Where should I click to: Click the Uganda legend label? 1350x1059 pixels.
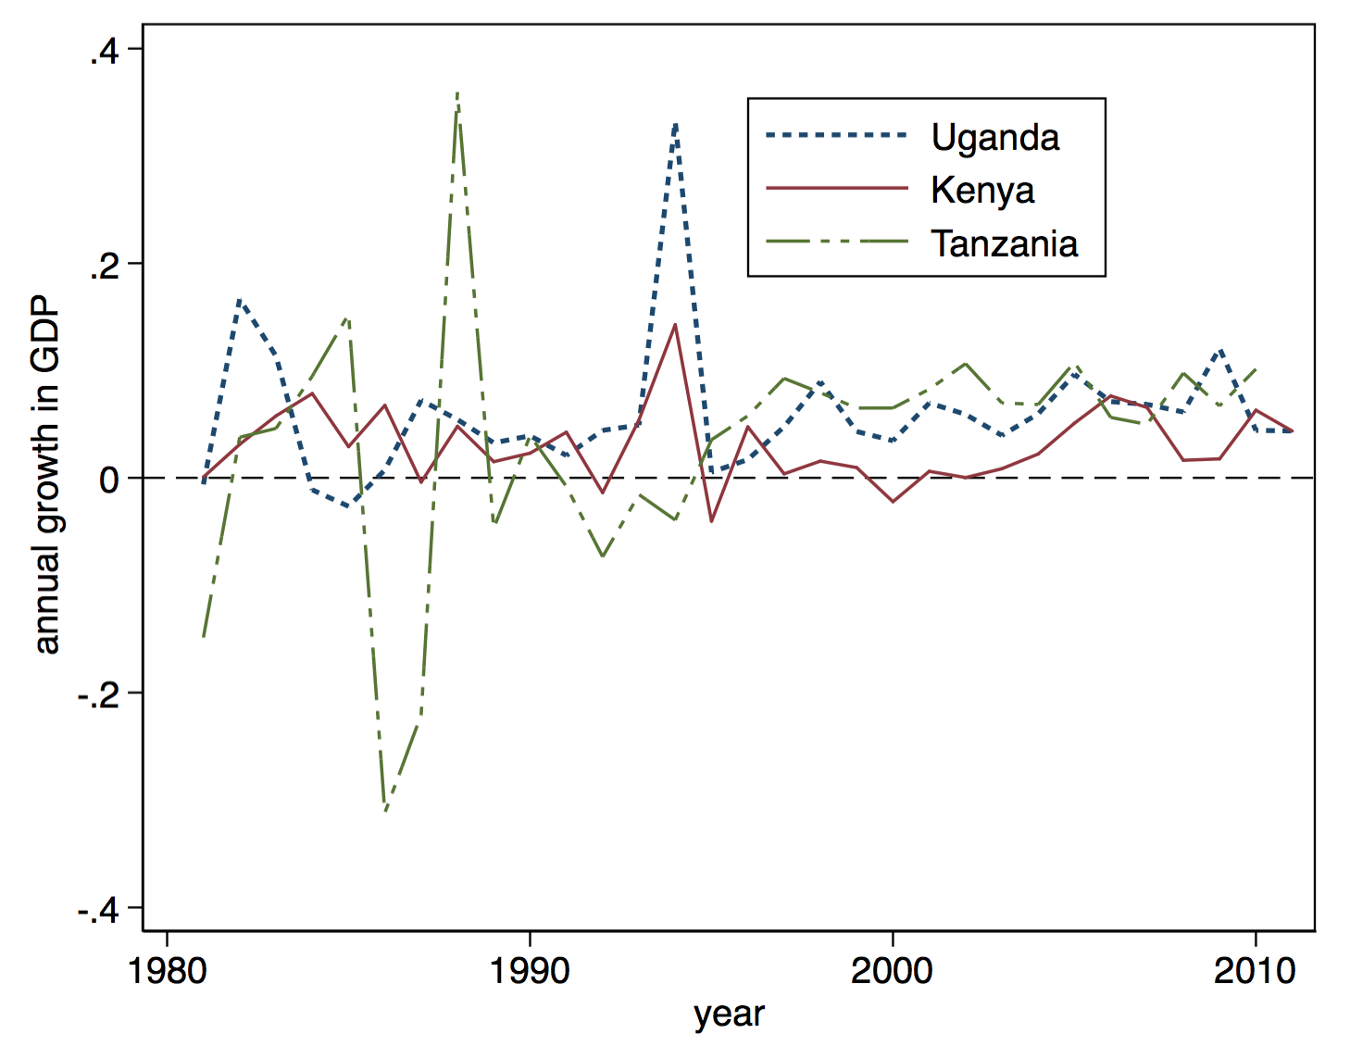coord(995,137)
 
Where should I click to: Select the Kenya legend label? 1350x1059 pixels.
coord(982,190)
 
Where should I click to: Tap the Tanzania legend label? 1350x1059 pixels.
coord(1005,243)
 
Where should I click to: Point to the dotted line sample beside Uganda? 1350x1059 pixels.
coord(837,136)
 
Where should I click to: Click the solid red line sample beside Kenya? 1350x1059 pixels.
coord(837,189)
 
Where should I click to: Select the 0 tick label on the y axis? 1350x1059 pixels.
coord(109,480)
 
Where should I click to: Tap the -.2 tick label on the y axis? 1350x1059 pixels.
coord(97,694)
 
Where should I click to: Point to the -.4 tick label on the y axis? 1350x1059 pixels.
coord(97,910)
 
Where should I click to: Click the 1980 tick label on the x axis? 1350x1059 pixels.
coord(168,971)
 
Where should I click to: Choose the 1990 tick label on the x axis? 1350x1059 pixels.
coord(530,971)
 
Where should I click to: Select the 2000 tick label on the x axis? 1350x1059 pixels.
coord(892,971)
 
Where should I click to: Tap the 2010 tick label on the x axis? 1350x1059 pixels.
coord(1255,971)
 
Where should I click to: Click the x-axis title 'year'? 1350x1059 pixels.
coord(729,1015)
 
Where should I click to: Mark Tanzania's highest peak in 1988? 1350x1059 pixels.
coord(457,94)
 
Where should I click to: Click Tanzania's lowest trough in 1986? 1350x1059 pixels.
coord(385,810)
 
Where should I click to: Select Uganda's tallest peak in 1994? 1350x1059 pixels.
coord(676,123)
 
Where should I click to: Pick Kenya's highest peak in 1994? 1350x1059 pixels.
coord(675,325)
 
